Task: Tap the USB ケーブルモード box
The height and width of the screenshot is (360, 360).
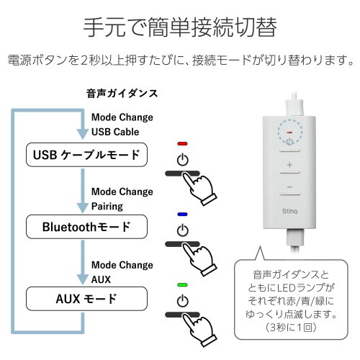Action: click(86, 154)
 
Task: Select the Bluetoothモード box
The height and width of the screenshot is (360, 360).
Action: click(86, 227)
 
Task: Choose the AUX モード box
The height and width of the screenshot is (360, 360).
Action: click(86, 297)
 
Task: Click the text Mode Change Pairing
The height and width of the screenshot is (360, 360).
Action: click(122, 199)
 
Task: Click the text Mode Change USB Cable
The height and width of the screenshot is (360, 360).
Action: click(122, 125)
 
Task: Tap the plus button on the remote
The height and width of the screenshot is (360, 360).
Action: click(289, 166)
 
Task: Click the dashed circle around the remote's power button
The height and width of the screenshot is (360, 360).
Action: click(289, 134)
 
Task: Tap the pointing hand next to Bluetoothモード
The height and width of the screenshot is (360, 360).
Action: click(202, 255)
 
